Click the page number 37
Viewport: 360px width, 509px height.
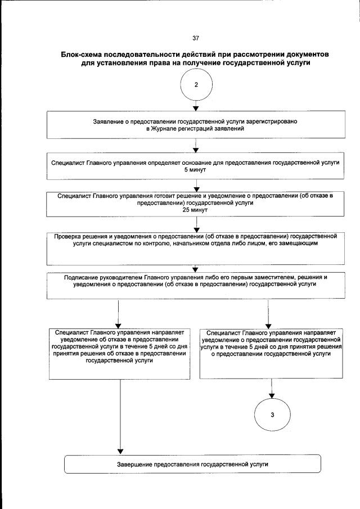196,38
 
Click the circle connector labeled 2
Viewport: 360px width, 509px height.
196,85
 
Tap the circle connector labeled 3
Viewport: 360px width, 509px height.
272,415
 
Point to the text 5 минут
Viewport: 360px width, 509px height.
196,169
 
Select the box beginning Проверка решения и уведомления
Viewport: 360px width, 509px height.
195,247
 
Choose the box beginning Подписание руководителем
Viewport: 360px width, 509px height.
195,286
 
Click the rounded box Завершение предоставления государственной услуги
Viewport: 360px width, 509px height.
192,465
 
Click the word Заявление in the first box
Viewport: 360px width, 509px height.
109,122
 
